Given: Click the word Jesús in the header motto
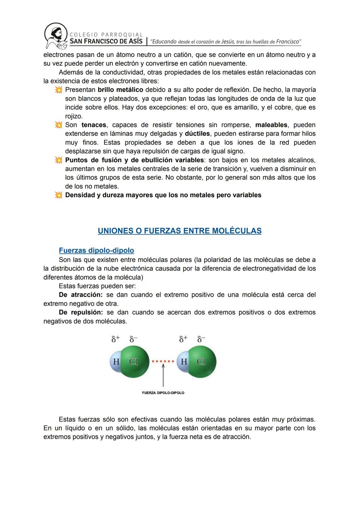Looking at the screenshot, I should [x=228, y=42].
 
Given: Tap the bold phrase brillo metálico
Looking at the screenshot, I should [x=120, y=90].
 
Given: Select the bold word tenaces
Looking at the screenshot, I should [x=94, y=125].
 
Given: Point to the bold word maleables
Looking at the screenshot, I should [x=271, y=125].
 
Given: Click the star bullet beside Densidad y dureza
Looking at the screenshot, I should [x=59, y=195].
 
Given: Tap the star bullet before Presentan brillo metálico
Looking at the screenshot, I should [x=59, y=90].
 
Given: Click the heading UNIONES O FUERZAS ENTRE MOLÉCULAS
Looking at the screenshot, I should [x=180, y=231].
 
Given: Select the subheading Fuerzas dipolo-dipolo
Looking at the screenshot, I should [x=96, y=251].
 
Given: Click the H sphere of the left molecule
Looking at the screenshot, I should [x=116, y=361].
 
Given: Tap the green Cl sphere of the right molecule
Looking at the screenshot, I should [x=201, y=362].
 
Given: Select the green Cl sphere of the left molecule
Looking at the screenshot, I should [x=134, y=362].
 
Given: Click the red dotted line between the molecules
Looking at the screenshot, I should [x=163, y=361].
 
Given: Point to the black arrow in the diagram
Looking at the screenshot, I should [x=163, y=376].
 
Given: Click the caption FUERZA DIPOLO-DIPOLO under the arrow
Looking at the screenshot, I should [x=163, y=393].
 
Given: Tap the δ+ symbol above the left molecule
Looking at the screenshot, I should [x=115, y=339].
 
